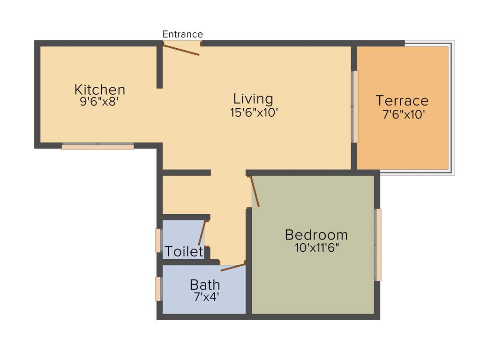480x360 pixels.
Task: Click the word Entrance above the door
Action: pyautogui.click(x=182, y=34)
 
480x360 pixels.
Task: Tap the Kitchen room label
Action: pyautogui.click(x=100, y=90)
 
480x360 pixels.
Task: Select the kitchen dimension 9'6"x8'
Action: pyautogui.click(x=99, y=102)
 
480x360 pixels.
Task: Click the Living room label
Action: pyautogui.click(x=253, y=99)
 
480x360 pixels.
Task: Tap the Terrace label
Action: pyautogui.click(x=402, y=101)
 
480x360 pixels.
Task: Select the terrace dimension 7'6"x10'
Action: pyautogui.click(x=404, y=114)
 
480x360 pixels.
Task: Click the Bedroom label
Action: pyautogui.click(x=316, y=234)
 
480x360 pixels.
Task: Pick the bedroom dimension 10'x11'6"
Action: pyautogui.click(x=317, y=248)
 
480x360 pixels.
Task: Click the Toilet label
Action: pyautogui.click(x=184, y=252)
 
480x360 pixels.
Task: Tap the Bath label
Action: pyautogui.click(x=205, y=285)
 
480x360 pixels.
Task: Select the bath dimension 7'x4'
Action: pyautogui.click(x=206, y=297)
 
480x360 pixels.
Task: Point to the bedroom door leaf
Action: pyautogui.click(x=255, y=191)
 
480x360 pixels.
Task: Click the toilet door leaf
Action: pyautogui.click(x=202, y=232)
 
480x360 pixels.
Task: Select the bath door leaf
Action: pyautogui.click(x=233, y=267)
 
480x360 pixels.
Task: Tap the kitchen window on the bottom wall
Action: pyautogui.click(x=97, y=146)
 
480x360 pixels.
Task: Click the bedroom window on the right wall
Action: pyautogui.click(x=378, y=245)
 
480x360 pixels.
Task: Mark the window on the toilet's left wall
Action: pyautogui.click(x=158, y=240)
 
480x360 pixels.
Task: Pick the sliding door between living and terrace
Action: pyautogui.click(x=355, y=107)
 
